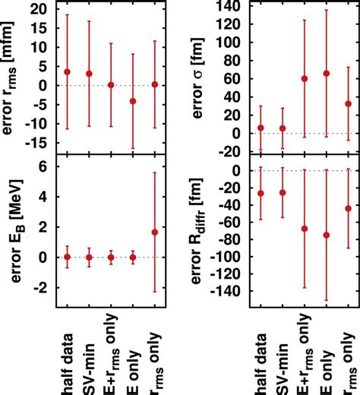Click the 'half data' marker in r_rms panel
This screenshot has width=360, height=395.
[68, 71]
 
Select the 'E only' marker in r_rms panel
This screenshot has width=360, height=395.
[133, 101]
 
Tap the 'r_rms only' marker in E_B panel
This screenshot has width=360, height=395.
[155, 232]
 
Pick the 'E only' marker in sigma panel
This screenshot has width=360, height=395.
[327, 74]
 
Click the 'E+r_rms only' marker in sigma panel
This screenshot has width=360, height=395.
[305, 78]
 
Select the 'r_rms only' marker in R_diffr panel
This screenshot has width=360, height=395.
[349, 208]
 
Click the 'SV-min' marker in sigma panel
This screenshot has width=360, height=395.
[283, 128]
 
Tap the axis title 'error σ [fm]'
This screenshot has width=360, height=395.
[205, 76]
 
